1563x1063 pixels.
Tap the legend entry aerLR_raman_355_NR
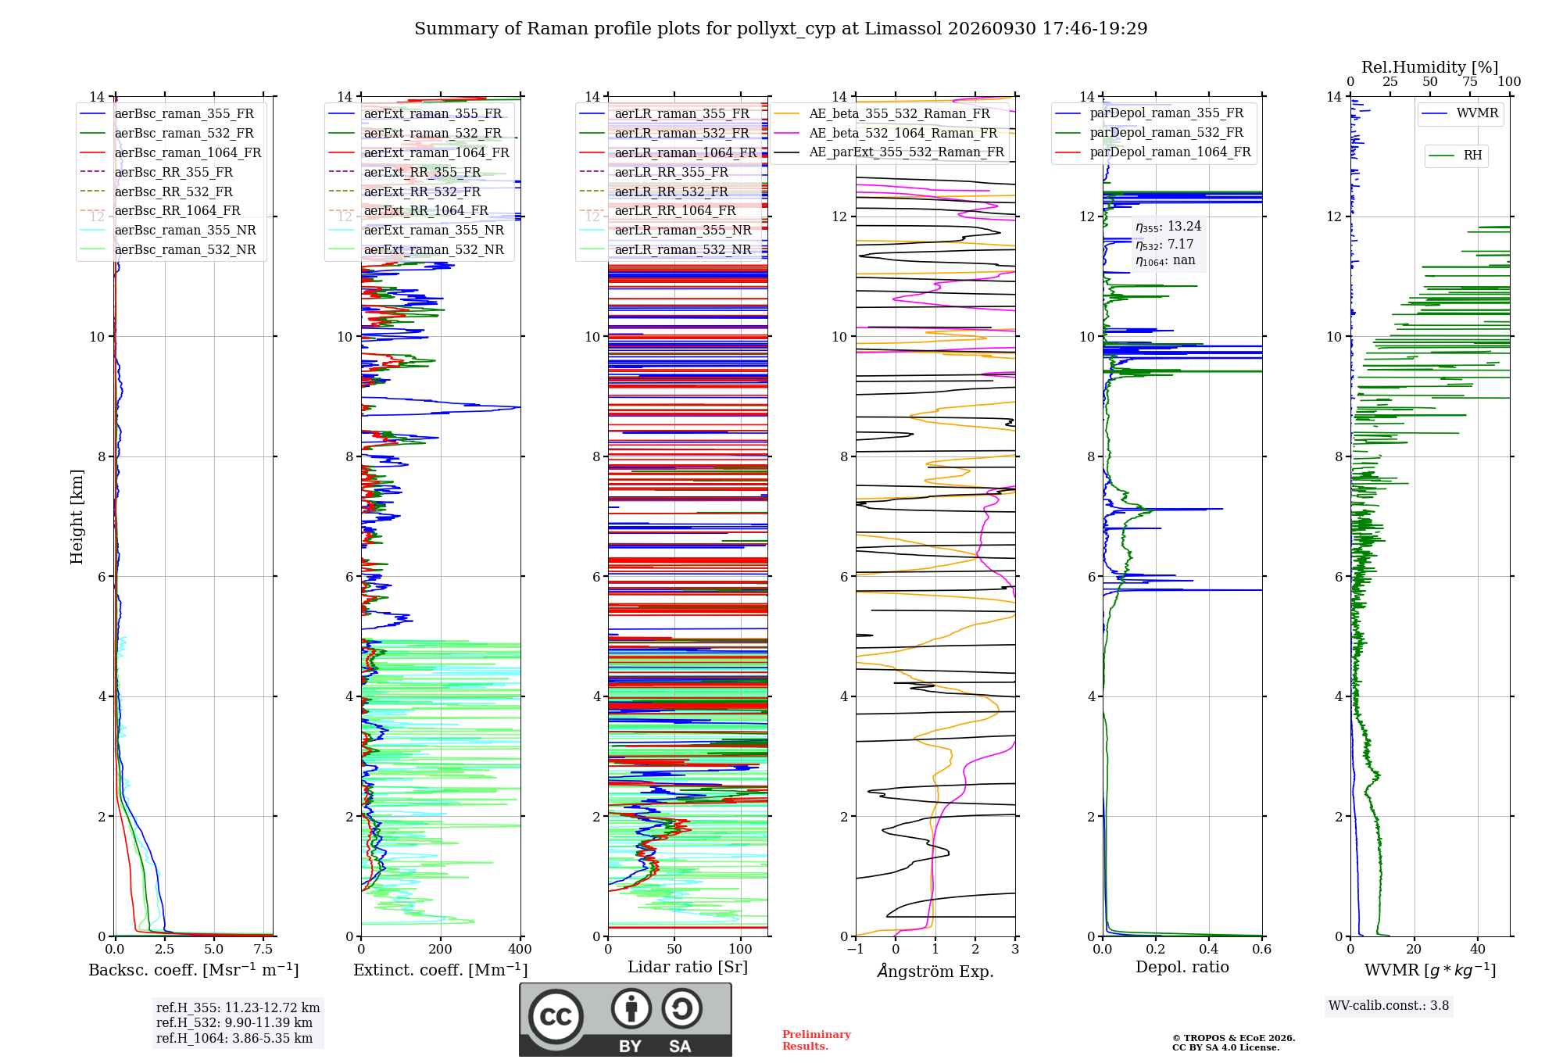point(665,230)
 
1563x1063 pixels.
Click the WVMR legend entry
point(1460,113)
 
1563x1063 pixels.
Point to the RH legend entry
point(1455,156)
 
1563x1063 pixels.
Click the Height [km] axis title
point(77,517)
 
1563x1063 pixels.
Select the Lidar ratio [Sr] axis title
point(688,967)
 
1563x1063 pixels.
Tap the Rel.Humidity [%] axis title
point(1430,67)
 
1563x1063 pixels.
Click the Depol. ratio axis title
point(1182,967)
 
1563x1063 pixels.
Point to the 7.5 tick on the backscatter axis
point(263,949)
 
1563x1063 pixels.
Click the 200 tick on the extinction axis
point(441,949)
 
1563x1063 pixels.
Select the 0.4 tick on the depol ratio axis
point(1209,949)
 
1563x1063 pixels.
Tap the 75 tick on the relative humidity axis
point(1470,81)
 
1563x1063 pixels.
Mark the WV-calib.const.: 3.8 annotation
point(1389,1006)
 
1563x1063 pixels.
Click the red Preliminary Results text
point(817,1040)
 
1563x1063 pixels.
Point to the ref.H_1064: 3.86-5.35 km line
point(234,1038)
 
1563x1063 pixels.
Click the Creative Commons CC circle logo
point(556,1016)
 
